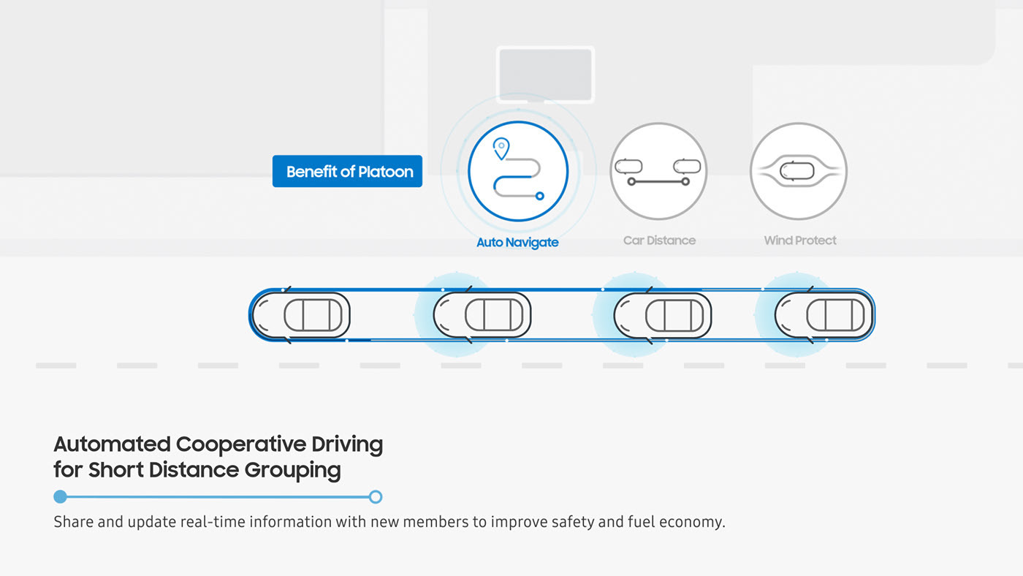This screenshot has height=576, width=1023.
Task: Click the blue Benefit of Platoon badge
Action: pos(347,172)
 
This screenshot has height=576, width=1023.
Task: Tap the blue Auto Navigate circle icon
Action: pos(518,170)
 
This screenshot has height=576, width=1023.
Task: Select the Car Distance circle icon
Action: pos(658,170)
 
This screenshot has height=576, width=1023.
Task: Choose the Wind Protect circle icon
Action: pos(799,170)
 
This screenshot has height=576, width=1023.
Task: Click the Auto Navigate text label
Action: pos(517,242)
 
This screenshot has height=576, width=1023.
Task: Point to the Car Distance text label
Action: pos(659,240)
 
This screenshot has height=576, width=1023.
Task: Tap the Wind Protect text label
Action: pos(800,240)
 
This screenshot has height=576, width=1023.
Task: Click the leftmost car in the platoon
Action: pos(302,315)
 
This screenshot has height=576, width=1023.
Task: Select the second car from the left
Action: pos(482,315)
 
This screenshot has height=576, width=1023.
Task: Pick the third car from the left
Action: pos(663,315)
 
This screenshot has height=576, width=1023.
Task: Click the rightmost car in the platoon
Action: pos(824,315)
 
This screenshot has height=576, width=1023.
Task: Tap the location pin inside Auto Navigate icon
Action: pos(501,148)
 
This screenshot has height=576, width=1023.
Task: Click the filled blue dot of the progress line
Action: pos(61,497)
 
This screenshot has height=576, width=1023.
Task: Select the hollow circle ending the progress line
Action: pos(376,497)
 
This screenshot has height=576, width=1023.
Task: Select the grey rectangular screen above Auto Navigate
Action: pos(545,75)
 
